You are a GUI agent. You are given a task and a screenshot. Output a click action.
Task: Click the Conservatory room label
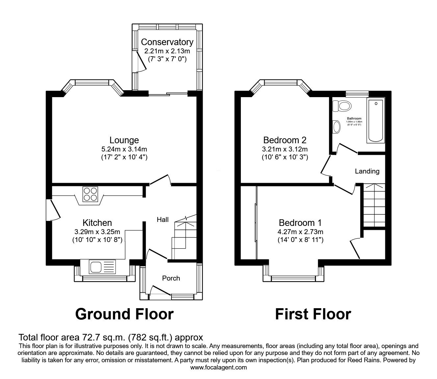point(167,42)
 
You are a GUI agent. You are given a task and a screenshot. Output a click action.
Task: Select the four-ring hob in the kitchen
point(90,194)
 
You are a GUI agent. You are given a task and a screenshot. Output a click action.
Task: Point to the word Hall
point(163,220)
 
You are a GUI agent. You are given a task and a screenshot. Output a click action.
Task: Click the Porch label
point(171,278)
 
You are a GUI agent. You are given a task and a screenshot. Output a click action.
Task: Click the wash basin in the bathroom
point(337,127)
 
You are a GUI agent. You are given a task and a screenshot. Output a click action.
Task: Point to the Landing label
point(367,171)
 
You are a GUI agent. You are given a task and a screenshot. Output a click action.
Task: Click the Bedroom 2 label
point(285,140)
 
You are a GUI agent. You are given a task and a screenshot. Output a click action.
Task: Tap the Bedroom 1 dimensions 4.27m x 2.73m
point(300,231)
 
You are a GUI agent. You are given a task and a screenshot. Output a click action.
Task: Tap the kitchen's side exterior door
point(53,210)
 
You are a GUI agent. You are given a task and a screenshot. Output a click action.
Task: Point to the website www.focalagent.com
point(218,367)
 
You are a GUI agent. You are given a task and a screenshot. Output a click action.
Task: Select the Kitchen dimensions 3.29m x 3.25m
point(97,231)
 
